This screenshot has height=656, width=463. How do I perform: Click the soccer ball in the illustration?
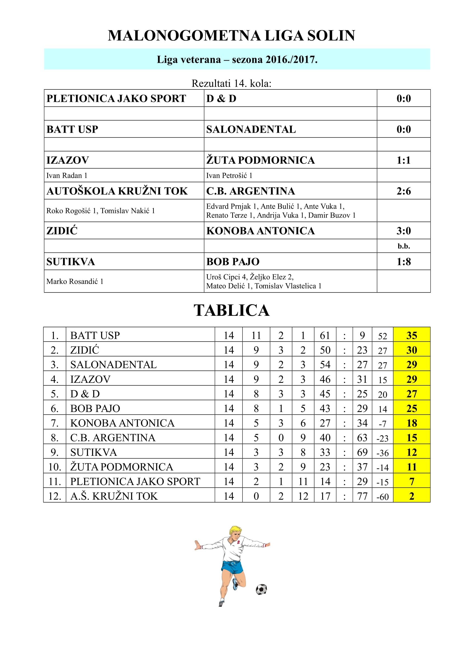(x=261, y=590)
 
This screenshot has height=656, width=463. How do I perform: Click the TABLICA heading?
(x=231, y=310)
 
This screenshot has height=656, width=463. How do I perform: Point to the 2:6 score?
(x=403, y=191)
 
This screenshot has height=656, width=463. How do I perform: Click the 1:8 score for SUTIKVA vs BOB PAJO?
(x=403, y=261)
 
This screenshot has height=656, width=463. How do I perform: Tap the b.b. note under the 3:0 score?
(x=404, y=246)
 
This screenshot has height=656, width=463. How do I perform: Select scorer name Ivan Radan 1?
(x=67, y=175)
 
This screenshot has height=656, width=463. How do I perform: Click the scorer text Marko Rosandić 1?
(x=75, y=281)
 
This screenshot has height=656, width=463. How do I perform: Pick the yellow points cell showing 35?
(x=411, y=335)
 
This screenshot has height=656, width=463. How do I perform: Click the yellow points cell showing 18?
(x=411, y=423)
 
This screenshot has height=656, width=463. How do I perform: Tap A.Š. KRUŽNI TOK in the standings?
(x=114, y=496)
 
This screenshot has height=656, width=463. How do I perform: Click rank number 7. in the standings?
(x=55, y=423)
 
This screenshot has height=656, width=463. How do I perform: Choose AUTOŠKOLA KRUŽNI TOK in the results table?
(x=117, y=191)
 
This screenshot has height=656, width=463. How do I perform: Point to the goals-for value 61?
(x=325, y=335)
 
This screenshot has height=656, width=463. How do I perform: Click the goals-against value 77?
(x=362, y=496)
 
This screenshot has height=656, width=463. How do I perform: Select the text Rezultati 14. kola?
(x=231, y=83)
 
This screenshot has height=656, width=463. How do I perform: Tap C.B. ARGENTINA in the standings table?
(x=113, y=438)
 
